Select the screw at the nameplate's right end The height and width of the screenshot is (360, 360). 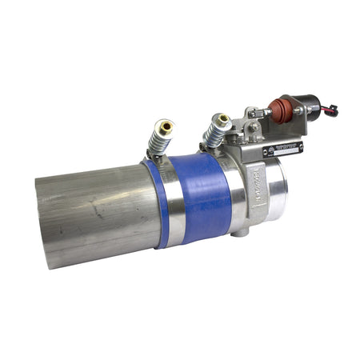(x=300, y=146)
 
